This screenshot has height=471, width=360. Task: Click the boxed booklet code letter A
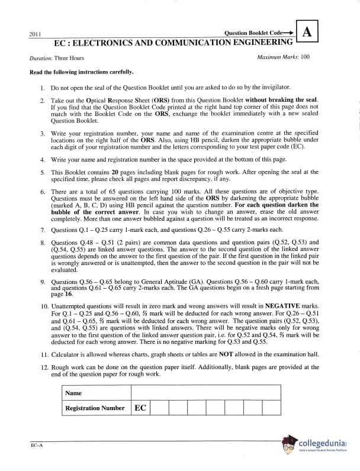307,33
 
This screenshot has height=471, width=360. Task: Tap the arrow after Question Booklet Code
290,33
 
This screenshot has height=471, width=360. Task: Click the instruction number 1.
43,87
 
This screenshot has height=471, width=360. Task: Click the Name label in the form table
73,393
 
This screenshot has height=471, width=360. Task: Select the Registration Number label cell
95,408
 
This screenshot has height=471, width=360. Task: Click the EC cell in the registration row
140,408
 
